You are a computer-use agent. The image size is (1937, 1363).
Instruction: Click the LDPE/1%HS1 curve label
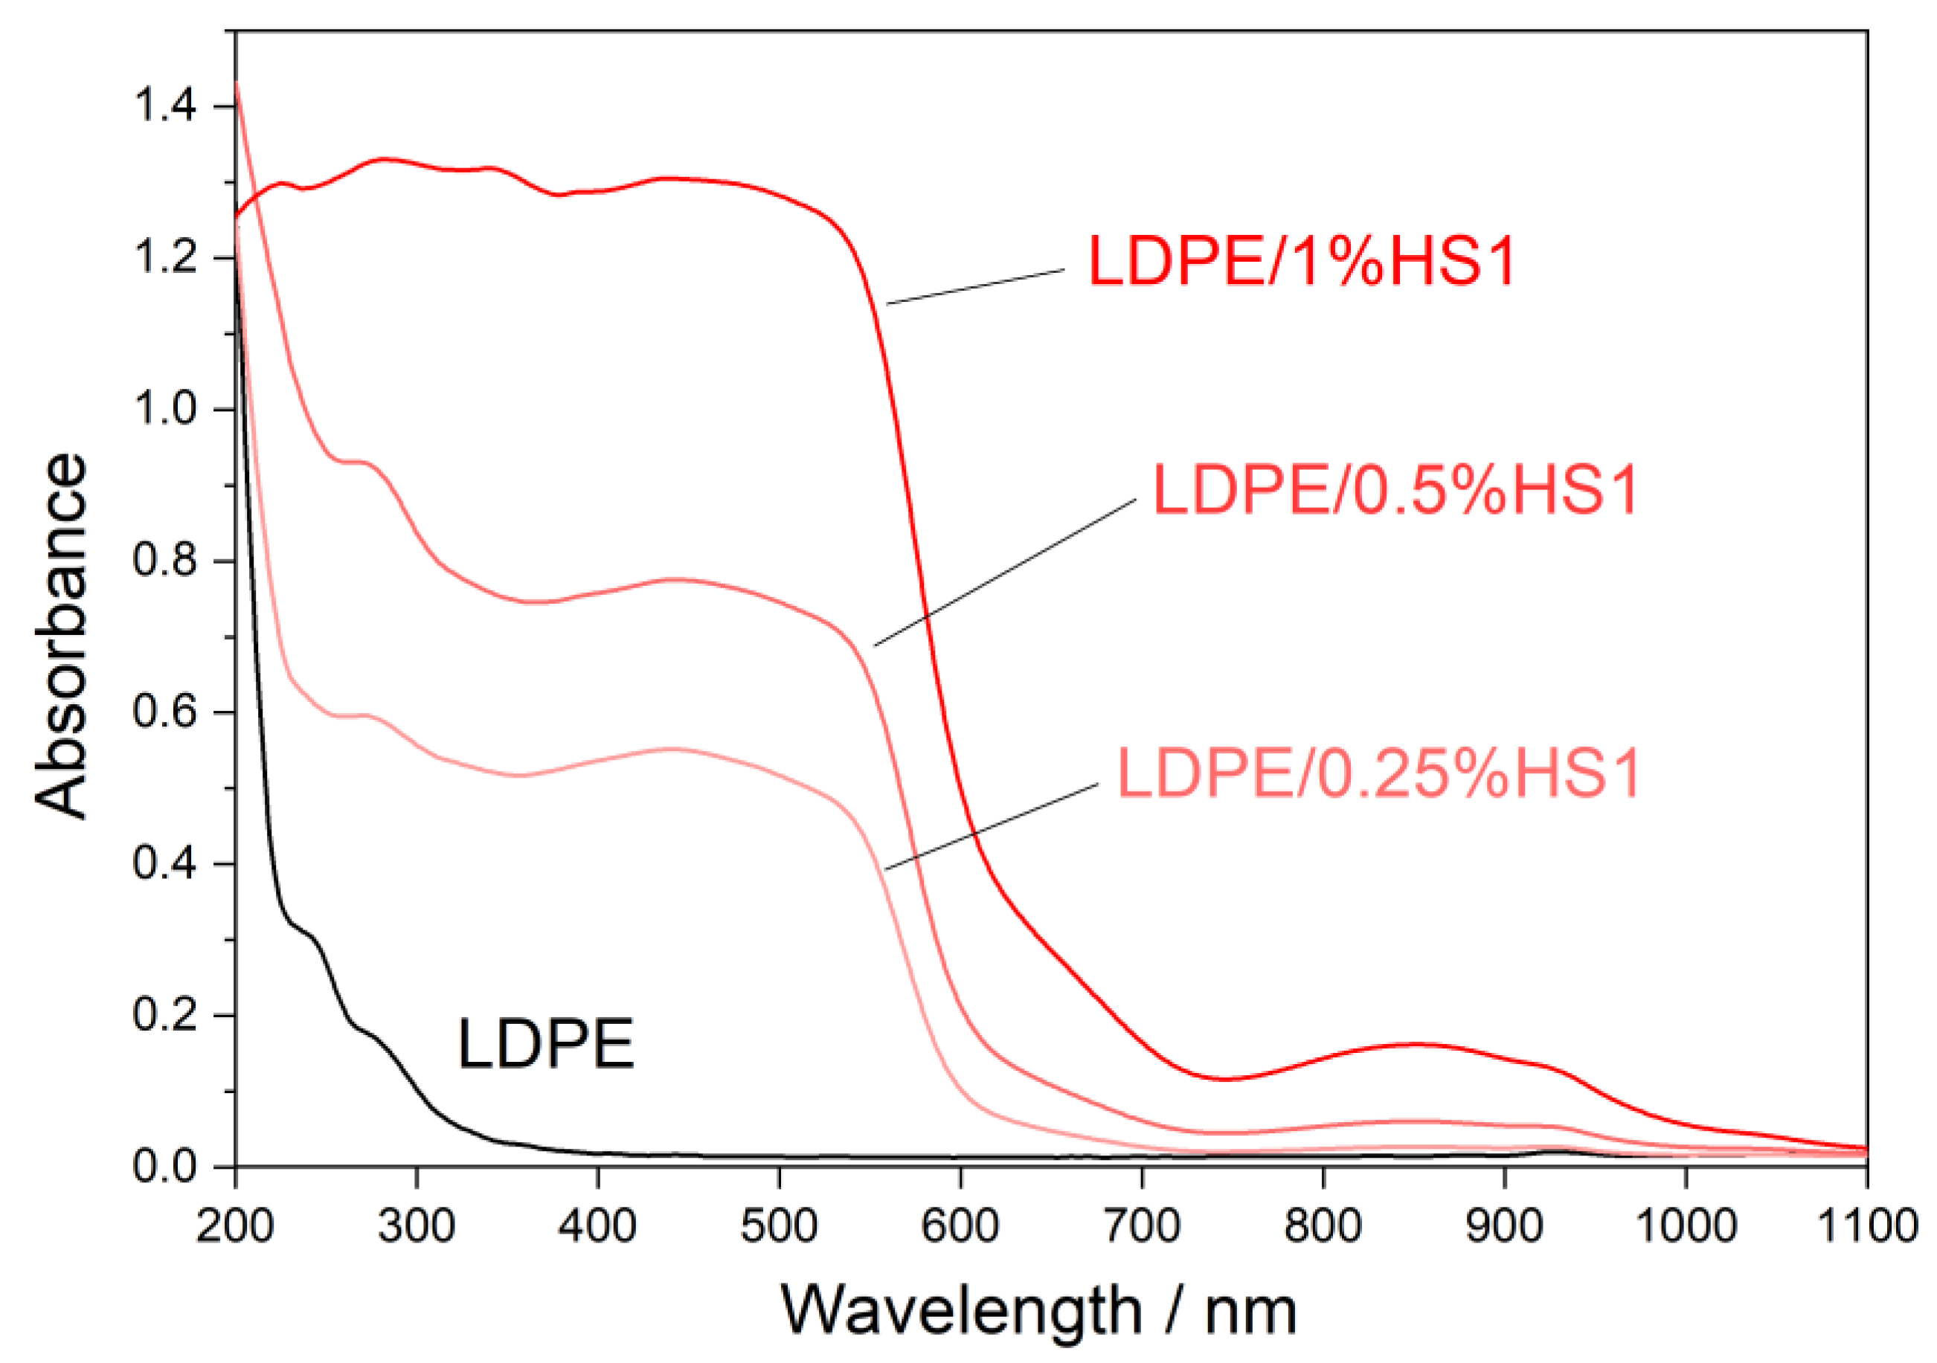click(1302, 262)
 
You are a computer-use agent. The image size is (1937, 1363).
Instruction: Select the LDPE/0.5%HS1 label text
click(1395, 490)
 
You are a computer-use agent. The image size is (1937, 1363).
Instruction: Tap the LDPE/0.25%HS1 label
click(1378, 773)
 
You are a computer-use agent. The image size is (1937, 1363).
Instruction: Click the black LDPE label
click(545, 1044)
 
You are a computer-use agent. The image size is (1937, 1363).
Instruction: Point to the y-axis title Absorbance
click(61, 636)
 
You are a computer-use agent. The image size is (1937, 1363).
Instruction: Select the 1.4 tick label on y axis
click(164, 106)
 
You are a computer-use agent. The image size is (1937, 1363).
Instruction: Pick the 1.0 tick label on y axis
click(164, 409)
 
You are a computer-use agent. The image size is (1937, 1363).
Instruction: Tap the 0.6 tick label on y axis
click(164, 712)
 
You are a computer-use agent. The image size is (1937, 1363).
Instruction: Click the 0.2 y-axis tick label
click(164, 1015)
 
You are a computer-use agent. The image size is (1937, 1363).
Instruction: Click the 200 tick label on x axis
click(235, 1225)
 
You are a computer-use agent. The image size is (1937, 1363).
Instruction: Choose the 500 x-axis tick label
click(779, 1225)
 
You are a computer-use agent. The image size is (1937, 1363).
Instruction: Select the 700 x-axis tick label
click(1141, 1225)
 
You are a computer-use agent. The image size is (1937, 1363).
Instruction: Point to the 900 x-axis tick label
click(1504, 1225)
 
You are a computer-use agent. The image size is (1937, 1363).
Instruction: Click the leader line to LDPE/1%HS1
click(975, 287)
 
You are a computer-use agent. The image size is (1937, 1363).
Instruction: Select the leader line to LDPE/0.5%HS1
click(1005, 573)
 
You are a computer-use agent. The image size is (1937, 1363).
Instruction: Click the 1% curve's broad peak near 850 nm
click(1415, 1044)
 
